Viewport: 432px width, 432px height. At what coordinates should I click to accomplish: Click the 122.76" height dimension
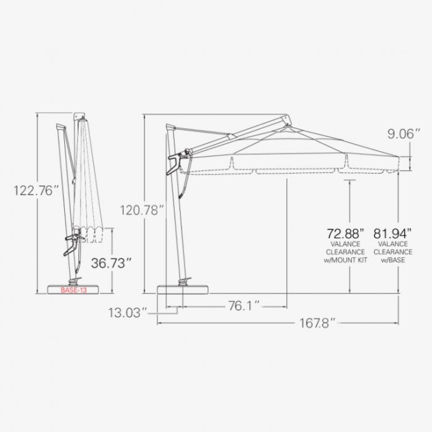[x=36, y=191]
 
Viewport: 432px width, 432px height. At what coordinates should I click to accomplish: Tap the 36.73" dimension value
[x=112, y=263]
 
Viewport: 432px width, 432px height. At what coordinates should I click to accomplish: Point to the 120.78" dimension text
[x=143, y=210]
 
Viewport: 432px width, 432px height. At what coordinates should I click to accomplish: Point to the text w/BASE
[x=393, y=260]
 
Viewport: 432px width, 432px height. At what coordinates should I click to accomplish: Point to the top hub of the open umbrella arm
[x=286, y=120]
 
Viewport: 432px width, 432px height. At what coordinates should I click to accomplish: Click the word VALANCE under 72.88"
[x=345, y=244]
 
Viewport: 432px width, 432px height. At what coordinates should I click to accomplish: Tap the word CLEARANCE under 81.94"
[x=393, y=252]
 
